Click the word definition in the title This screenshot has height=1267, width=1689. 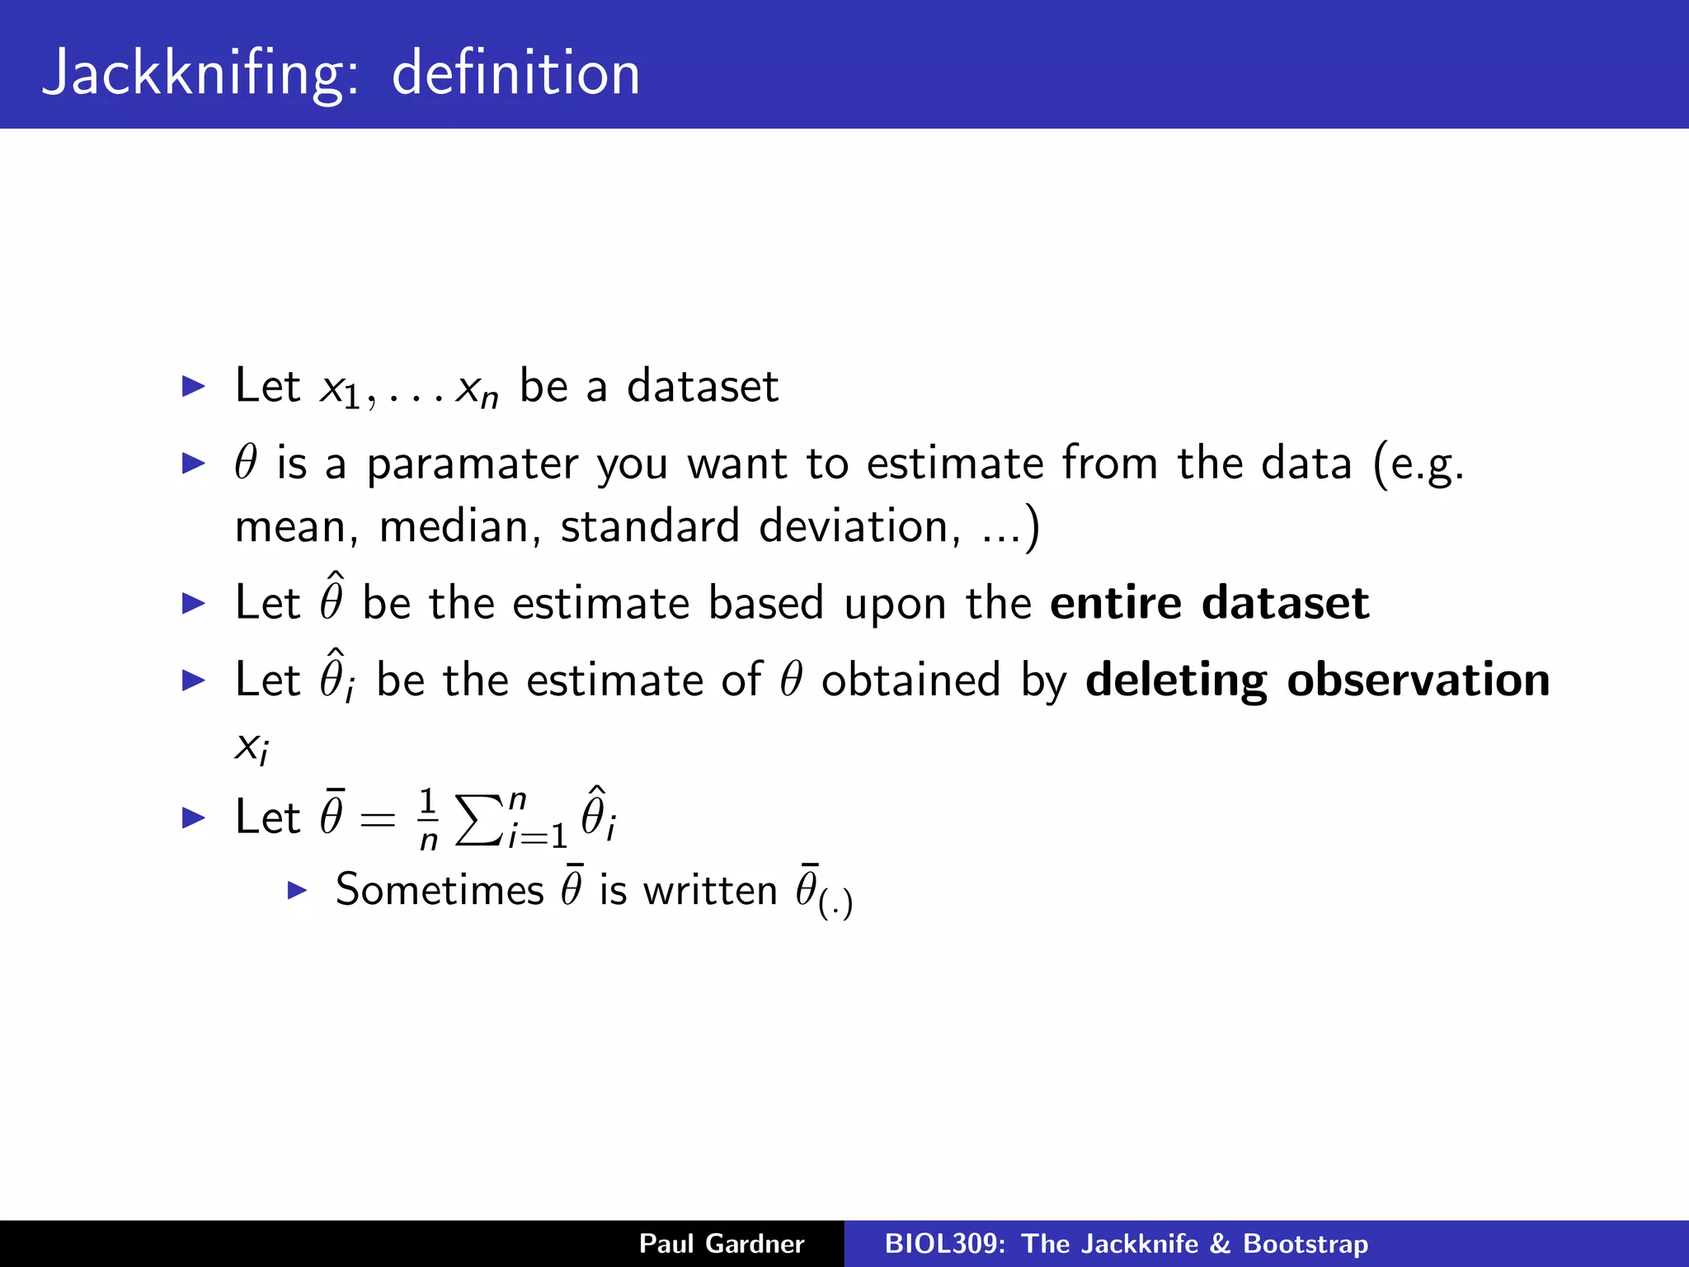(x=515, y=74)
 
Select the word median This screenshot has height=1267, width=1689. (x=454, y=527)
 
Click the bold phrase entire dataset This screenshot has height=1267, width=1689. (x=1209, y=603)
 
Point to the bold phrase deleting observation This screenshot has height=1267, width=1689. (x=1317, y=681)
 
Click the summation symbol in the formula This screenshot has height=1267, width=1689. (x=479, y=819)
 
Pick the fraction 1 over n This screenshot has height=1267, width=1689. (x=427, y=819)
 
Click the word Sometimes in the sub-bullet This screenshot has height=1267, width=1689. (x=440, y=890)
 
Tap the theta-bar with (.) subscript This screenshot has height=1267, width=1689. (x=823, y=893)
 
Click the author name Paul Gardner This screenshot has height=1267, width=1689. (x=722, y=1244)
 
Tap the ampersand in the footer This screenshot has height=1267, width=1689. (x=1220, y=1244)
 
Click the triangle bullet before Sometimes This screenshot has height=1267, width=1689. (x=297, y=890)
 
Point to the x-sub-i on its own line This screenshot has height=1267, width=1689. (x=252, y=747)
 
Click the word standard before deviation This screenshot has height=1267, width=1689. (x=650, y=527)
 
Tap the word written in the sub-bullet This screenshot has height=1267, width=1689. (x=710, y=890)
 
